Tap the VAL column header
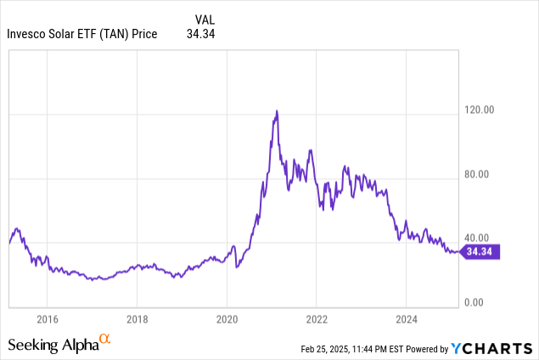pos(205,18)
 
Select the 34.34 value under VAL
pos(201,34)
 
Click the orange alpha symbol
pos(105,340)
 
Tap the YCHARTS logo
pos(491,348)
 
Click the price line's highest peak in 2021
pos(276,111)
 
